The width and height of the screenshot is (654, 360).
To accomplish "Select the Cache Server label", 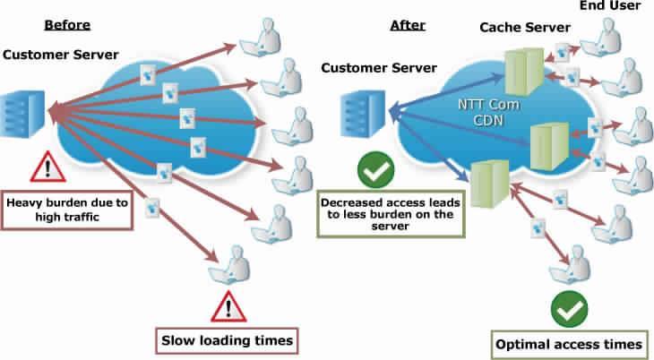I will [526, 28].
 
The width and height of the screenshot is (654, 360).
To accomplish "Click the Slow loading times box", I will [225, 339].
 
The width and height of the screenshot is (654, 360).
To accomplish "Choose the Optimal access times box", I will [568, 343].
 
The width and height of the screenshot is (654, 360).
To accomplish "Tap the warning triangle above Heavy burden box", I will [41, 167].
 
